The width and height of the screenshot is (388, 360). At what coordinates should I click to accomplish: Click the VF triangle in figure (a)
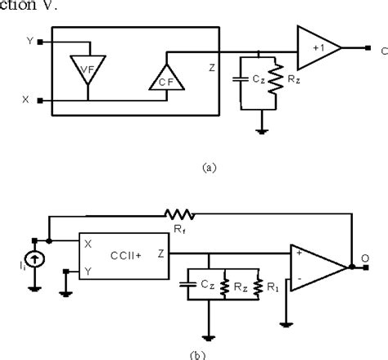83,68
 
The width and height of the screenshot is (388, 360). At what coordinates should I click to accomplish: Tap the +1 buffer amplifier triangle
318,47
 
